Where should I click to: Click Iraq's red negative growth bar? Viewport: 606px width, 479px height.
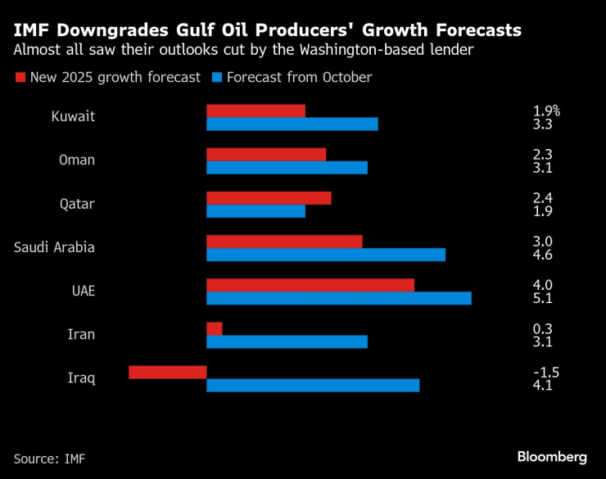coord(167,372)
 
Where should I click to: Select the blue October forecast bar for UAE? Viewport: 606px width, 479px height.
coord(338,298)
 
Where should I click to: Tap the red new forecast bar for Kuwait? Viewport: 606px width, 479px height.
coord(256,111)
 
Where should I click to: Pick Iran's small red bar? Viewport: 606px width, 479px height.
coord(214,328)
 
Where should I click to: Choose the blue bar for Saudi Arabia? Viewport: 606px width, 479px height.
coord(325,255)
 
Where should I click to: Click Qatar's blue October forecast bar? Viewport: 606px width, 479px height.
coord(256,211)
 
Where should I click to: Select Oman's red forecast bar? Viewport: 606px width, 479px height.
coord(266,154)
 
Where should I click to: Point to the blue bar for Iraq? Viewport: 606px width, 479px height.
coord(312,385)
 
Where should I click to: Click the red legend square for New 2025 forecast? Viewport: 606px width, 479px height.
coord(20,79)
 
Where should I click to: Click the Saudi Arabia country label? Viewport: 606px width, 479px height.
coord(54,247)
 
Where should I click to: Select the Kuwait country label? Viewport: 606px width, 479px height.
coord(73,116)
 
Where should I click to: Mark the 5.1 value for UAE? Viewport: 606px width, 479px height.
coord(542,298)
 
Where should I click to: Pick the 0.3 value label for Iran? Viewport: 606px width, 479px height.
coord(542,328)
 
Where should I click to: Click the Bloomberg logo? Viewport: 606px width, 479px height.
coord(552,456)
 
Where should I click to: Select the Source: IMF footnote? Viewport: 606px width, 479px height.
coord(49,459)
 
